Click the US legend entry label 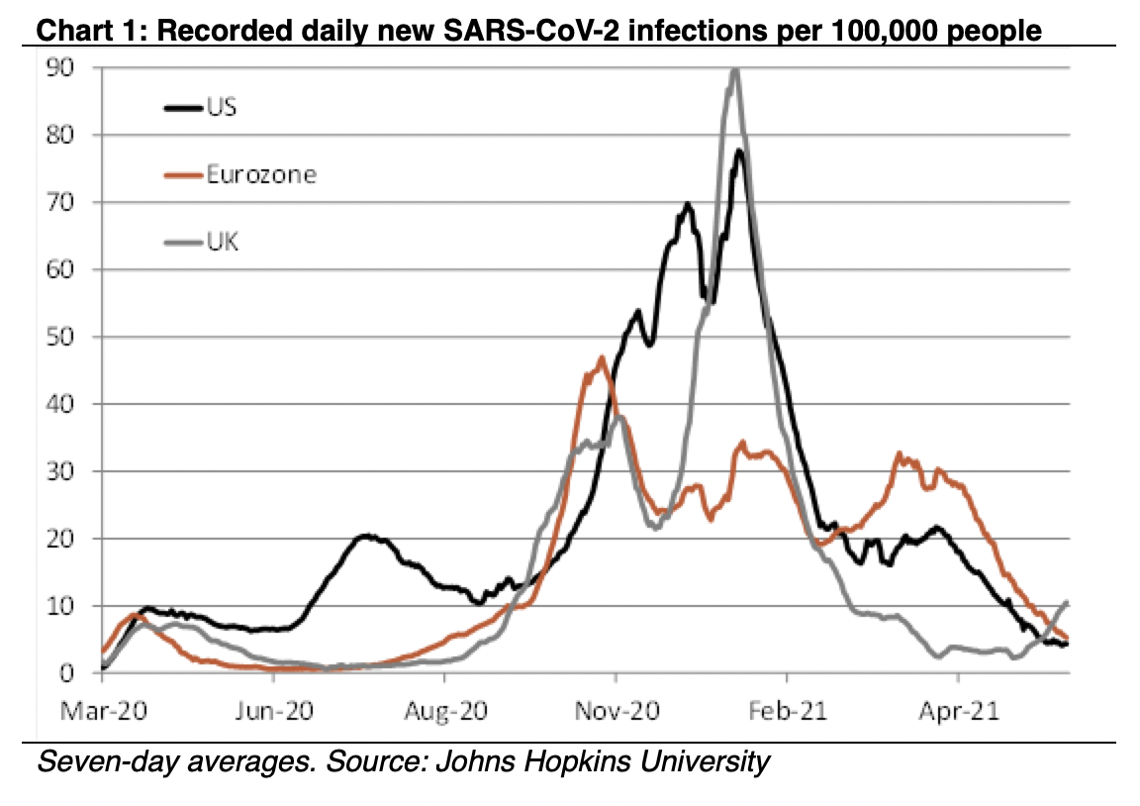pos(221,107)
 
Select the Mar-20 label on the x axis pos(103,711)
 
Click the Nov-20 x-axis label pos(616,711)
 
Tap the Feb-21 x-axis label pos(787,711)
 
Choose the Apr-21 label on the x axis pos(958,711)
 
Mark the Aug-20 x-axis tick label pos(444,711)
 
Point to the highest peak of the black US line pos(738,151)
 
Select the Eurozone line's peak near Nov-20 pos(602,357)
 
